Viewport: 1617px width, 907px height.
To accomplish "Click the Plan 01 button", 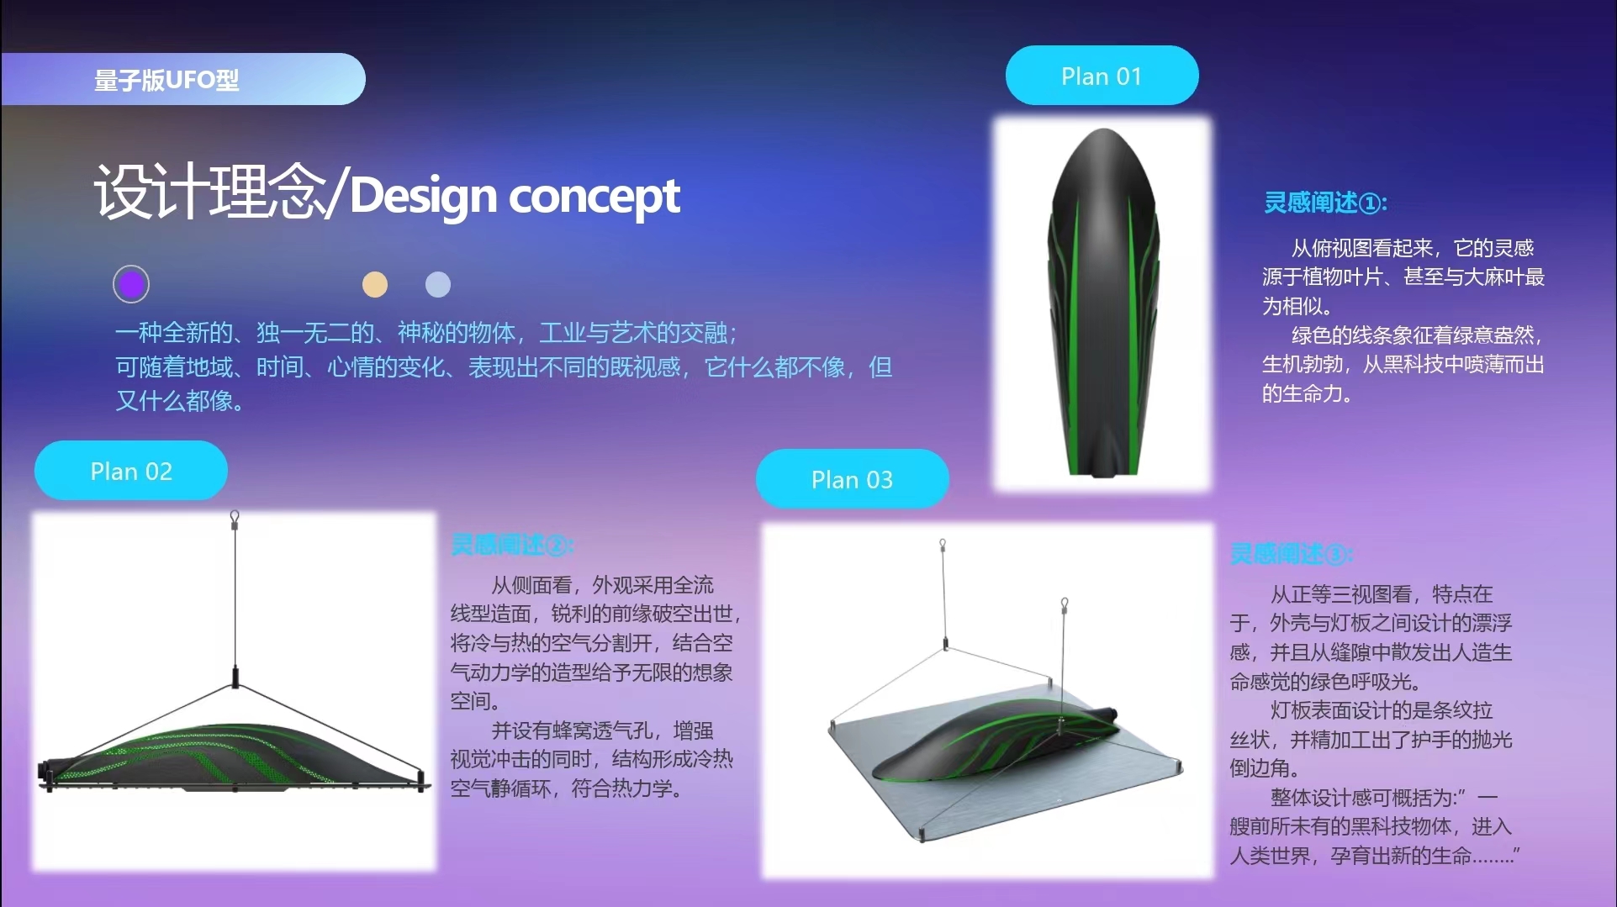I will (1102, 76).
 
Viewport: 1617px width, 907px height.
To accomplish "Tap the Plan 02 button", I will (131, 471).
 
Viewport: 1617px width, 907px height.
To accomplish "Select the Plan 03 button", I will (852, 479).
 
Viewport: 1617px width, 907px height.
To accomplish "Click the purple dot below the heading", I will (131, 284).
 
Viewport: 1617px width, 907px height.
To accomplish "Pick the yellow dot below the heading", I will (375, 285).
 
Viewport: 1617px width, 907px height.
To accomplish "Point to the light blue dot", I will (438, 285).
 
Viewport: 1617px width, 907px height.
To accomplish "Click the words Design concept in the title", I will (515, 196).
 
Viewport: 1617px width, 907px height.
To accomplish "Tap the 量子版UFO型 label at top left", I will (166, 80).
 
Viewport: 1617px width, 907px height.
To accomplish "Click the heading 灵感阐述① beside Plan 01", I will (1325, 203).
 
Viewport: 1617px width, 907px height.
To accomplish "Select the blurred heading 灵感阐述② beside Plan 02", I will (511, 545).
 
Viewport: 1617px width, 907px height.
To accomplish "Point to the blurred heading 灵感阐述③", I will (1291, 554).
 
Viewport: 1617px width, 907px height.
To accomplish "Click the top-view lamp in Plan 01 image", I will (1102, 303).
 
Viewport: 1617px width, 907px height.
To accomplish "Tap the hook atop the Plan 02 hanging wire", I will (235, 516).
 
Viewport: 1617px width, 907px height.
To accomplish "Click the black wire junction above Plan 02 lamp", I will (235, 676).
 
